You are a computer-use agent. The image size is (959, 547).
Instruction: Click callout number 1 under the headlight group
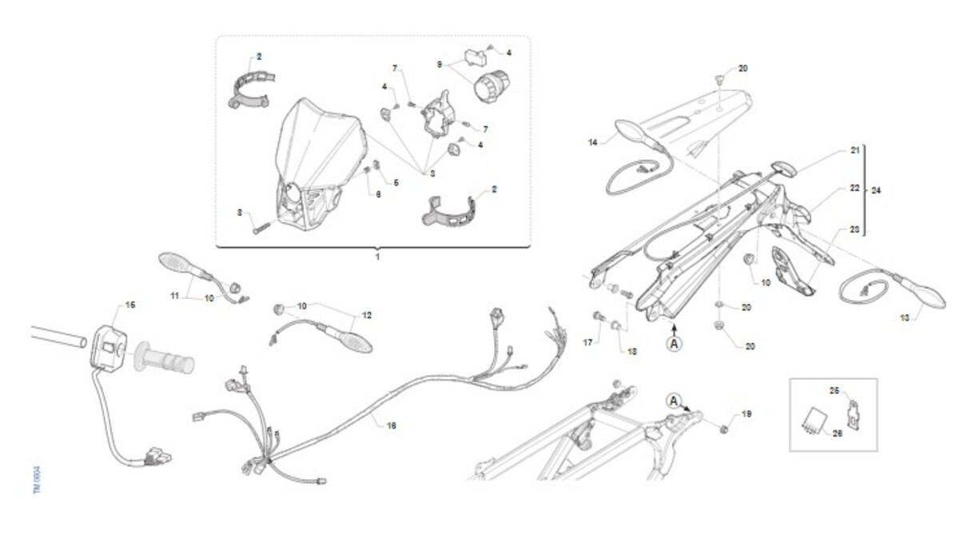click(x=377, y=258)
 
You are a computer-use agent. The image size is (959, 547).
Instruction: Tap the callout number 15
click(x=131, y=305)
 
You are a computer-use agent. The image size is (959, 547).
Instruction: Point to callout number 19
click(x=746, y=414)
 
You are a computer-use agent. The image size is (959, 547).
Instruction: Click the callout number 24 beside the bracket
click(x=877, y=191)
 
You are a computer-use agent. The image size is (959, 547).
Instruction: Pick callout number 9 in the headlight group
click(x=439, y=63)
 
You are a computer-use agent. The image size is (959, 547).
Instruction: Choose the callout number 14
click(x=593, y=142)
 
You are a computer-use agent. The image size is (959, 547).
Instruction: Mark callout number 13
click(x=905, y=317)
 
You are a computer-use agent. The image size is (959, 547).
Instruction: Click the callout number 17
click(x=588, y=343)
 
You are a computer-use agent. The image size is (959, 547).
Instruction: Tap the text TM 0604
click(x=37, y=481)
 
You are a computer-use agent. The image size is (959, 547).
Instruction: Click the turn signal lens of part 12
click(x=351, y=337)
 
